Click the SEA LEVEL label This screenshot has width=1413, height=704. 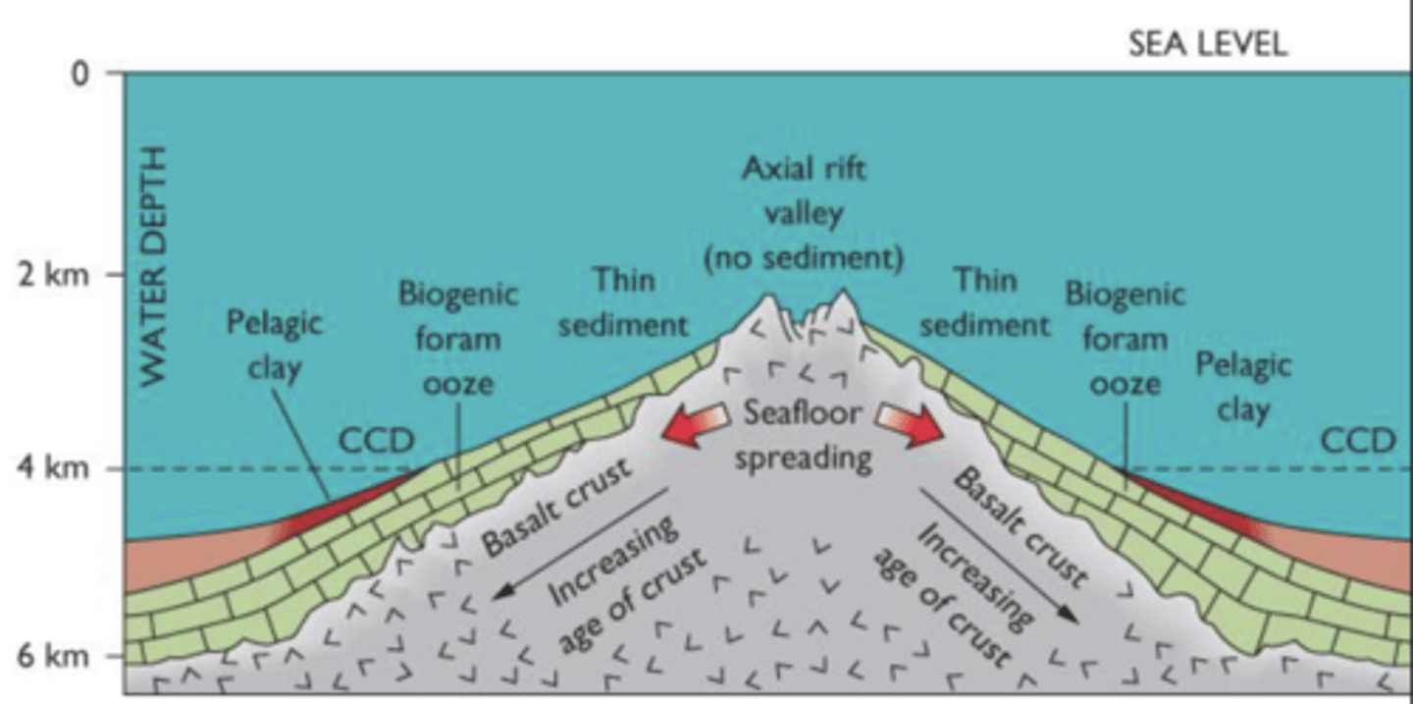(1207, 44)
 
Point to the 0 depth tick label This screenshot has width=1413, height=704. (80, 74)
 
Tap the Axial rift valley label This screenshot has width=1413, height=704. (804, 213)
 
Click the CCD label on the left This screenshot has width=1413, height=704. (376, 441)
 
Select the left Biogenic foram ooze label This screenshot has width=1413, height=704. (456, 339)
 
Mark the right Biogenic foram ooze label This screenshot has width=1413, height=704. (1125, 339)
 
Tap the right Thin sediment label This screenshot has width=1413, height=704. (984, 301)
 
